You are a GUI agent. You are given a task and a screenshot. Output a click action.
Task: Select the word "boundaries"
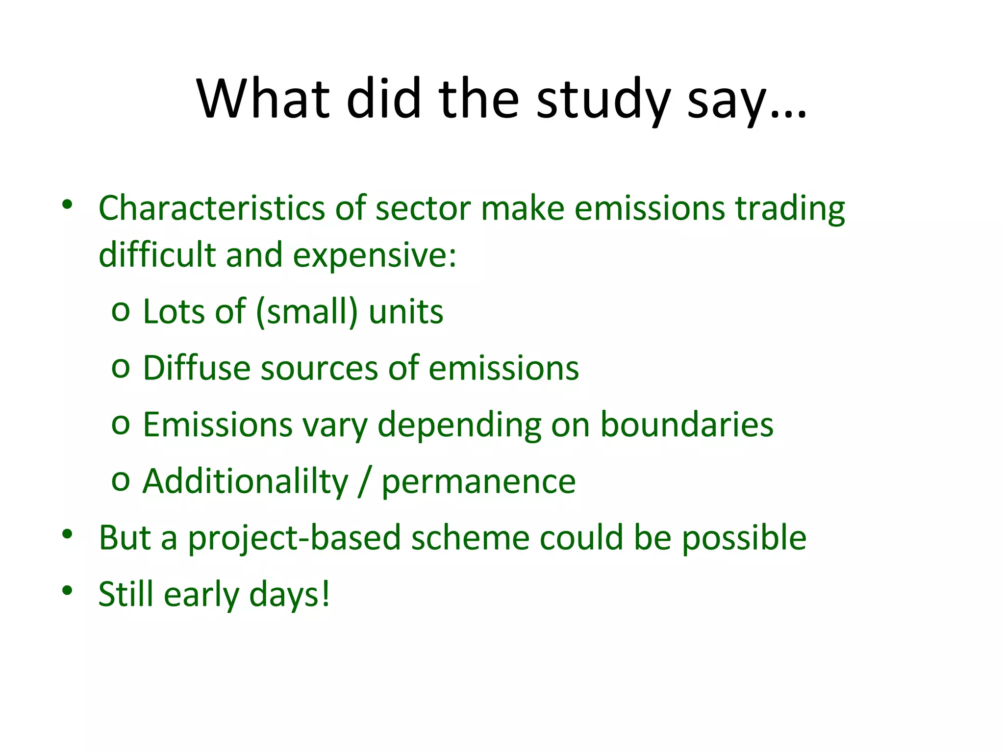[687, 425]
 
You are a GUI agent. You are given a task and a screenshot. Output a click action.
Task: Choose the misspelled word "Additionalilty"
[245, 481]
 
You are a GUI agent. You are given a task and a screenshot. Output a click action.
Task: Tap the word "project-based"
[295, 538]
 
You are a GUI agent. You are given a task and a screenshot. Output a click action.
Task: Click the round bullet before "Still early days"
[67, 590]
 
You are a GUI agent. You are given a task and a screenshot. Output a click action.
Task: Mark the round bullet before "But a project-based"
[67, 534]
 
